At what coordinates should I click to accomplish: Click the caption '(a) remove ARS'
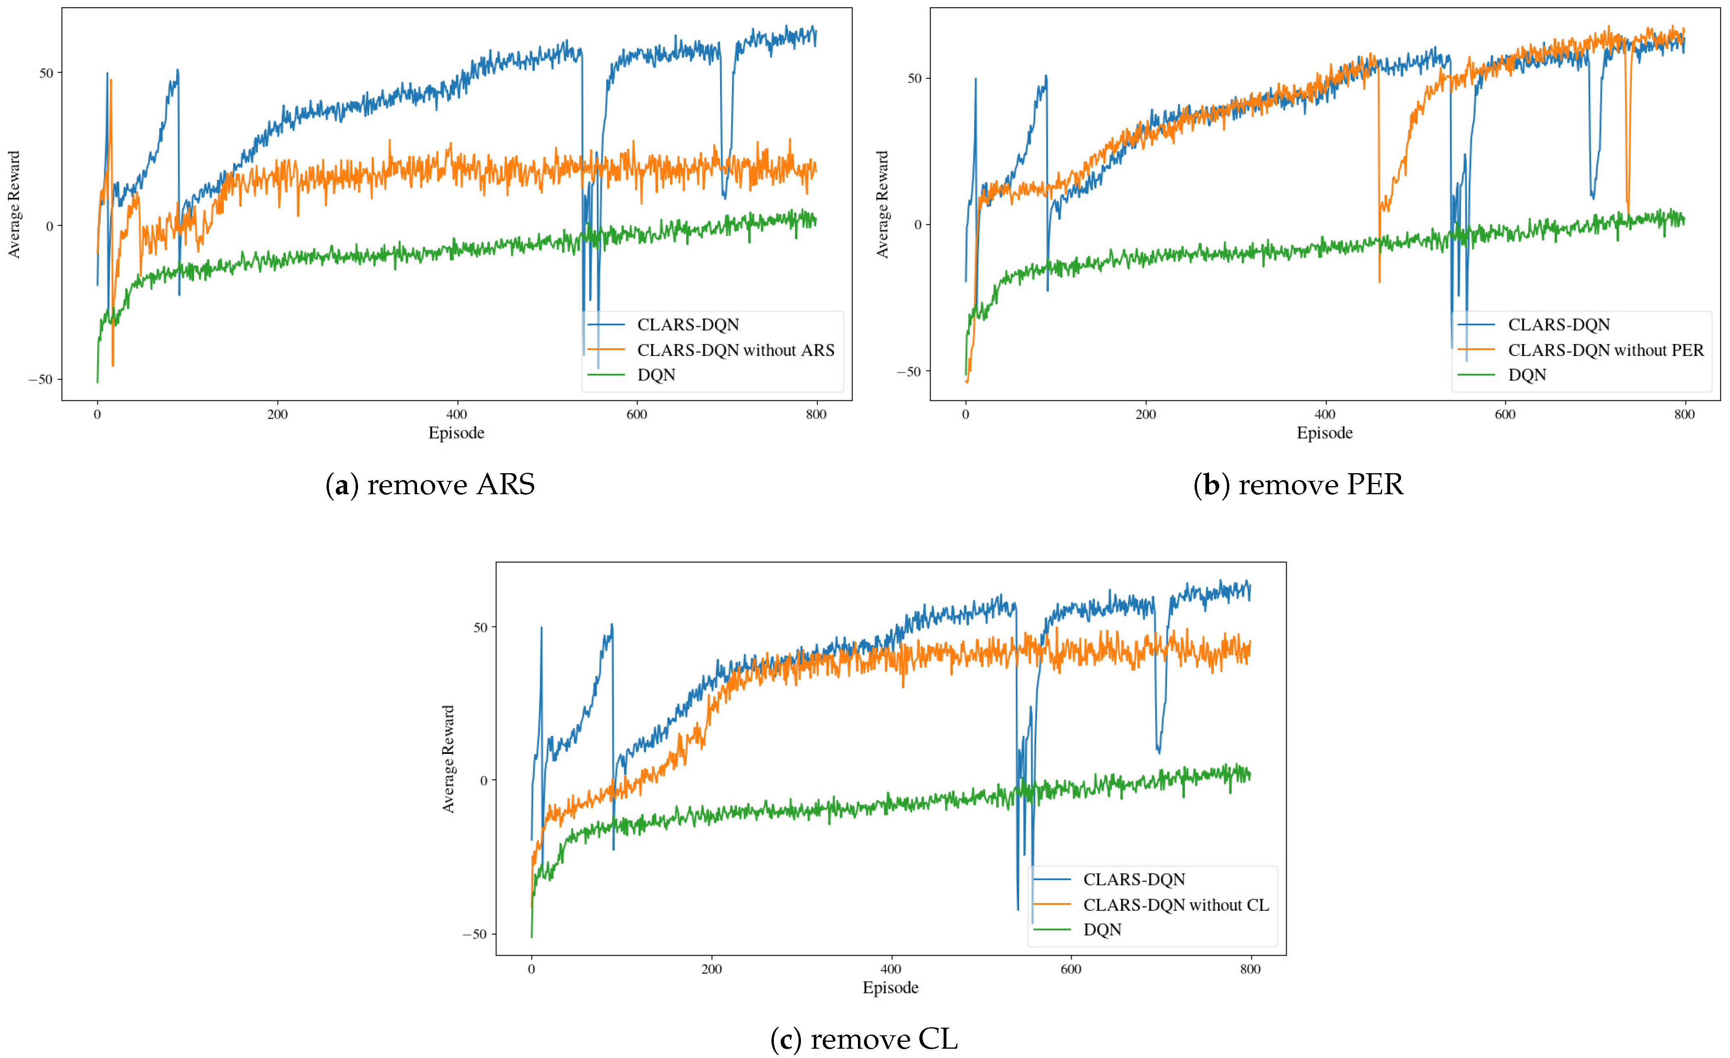(430, 485)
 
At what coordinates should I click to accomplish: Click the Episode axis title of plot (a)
(456, 433)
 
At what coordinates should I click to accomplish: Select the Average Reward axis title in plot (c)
(448, 760)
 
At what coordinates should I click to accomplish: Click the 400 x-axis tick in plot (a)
(456, 415)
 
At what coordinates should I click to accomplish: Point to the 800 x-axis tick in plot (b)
(1684, 415)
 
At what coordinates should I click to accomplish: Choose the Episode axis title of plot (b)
(1325, 433)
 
